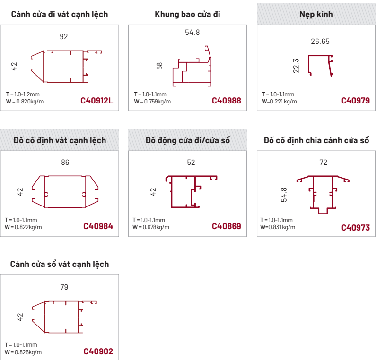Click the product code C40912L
click(96, 101)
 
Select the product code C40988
click(226, 101)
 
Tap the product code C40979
click(355, 101)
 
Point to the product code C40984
click(98, 226)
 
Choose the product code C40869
click(226, 226)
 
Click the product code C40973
click(355, 227)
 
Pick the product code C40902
click(98, 351)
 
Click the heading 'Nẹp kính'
click(316, 15)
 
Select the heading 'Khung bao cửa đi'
click(187, 15)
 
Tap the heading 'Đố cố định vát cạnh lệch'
click(60, 140)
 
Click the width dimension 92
click(64, 37)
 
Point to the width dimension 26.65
click(320, 42)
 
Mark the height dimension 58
click(159, 66)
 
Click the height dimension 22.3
click(296, 66)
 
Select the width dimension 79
click(64, 287)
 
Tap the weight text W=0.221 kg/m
click(279, 102)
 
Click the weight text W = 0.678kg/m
click(151, 227)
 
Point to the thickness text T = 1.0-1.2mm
click(23, 94)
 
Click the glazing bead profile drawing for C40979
click(320, 66)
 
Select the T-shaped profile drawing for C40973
click(323, 195)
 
